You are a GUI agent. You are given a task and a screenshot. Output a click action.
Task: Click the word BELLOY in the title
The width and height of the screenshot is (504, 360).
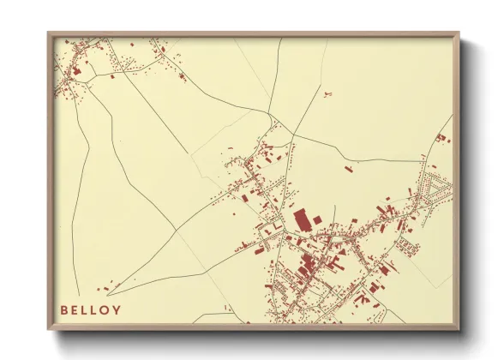pos(90,309)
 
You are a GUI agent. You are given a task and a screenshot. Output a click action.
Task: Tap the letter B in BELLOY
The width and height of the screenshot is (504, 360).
pos(63,309)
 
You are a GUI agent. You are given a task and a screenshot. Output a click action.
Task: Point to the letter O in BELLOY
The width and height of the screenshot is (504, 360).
pos(105,309)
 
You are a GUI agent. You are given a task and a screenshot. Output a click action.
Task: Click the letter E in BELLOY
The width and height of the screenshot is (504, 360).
pos(75,309)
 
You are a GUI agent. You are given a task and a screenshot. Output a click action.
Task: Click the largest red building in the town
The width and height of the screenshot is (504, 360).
pos(301,219)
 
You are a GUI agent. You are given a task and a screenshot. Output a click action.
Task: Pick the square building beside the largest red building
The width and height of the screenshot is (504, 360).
pos(316,221)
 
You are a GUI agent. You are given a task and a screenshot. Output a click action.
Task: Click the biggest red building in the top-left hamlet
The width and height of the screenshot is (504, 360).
pos(75,69)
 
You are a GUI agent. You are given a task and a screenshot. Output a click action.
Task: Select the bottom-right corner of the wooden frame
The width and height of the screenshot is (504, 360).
pos(459,329)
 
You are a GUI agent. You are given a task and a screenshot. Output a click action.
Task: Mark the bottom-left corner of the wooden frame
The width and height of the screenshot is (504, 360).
pos(49,329)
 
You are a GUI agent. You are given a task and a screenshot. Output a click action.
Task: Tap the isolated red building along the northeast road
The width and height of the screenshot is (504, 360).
pos(348,169)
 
